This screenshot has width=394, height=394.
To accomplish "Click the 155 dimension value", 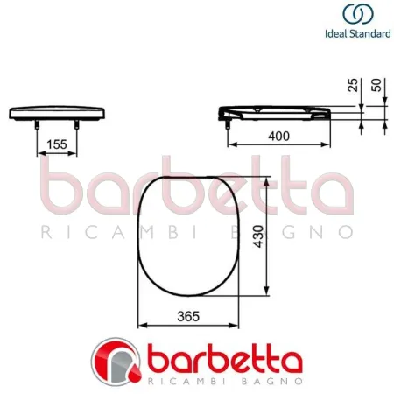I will coord(57,144).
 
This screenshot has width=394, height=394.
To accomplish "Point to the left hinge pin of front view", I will coord(36,125).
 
